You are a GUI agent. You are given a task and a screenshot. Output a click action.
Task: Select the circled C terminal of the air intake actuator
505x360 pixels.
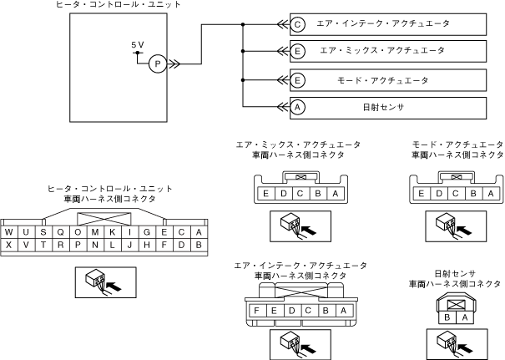(299, 24)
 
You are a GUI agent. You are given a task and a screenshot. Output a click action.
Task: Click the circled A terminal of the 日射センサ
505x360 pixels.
(299, 108)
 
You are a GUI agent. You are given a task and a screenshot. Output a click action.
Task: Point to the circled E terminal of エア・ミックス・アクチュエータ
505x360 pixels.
(299, 52)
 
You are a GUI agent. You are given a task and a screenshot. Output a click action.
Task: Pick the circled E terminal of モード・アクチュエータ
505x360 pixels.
(299, 80)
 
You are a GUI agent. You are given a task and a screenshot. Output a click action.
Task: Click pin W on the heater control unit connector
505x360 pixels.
(9, 232)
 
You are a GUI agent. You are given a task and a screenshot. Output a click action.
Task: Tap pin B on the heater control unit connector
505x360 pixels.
(198, 245)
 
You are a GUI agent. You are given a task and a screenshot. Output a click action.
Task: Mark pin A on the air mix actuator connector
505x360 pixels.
(334, 194)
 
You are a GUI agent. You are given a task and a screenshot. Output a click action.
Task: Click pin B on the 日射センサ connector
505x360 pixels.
(449, 317)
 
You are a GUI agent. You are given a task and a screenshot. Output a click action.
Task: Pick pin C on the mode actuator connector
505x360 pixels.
(457, 194)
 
